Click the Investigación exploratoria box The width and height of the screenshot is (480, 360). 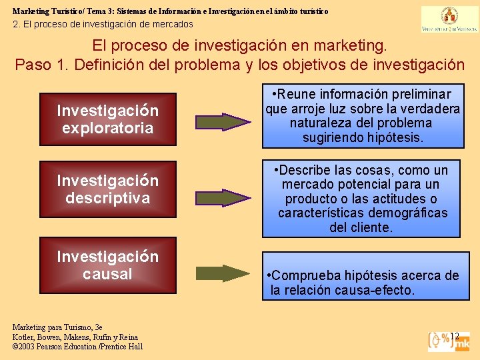pos(107,119)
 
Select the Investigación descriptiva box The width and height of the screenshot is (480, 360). pos(107,189)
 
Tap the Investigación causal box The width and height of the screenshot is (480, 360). pos(107,265)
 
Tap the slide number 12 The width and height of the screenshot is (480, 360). pos(455,336)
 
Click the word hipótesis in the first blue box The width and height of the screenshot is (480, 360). pos(397,137)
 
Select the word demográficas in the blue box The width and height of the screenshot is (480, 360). pos(407,213)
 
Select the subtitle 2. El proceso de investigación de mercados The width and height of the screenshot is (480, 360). pos(103,24)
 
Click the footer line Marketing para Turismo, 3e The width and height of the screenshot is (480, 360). pos(57,327)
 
